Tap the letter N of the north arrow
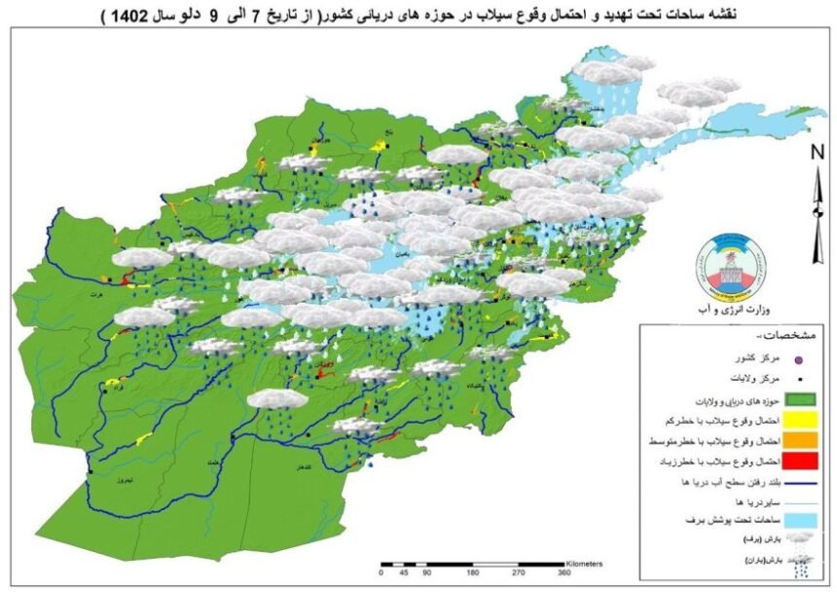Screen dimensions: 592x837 (x=818, y=151)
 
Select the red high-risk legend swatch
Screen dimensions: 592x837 (x=673, y=461)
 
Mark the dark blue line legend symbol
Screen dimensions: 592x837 (x=673, y=482)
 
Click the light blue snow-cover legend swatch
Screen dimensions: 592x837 (x=673, y=523)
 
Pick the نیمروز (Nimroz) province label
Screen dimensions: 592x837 (x=117, y=481)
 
